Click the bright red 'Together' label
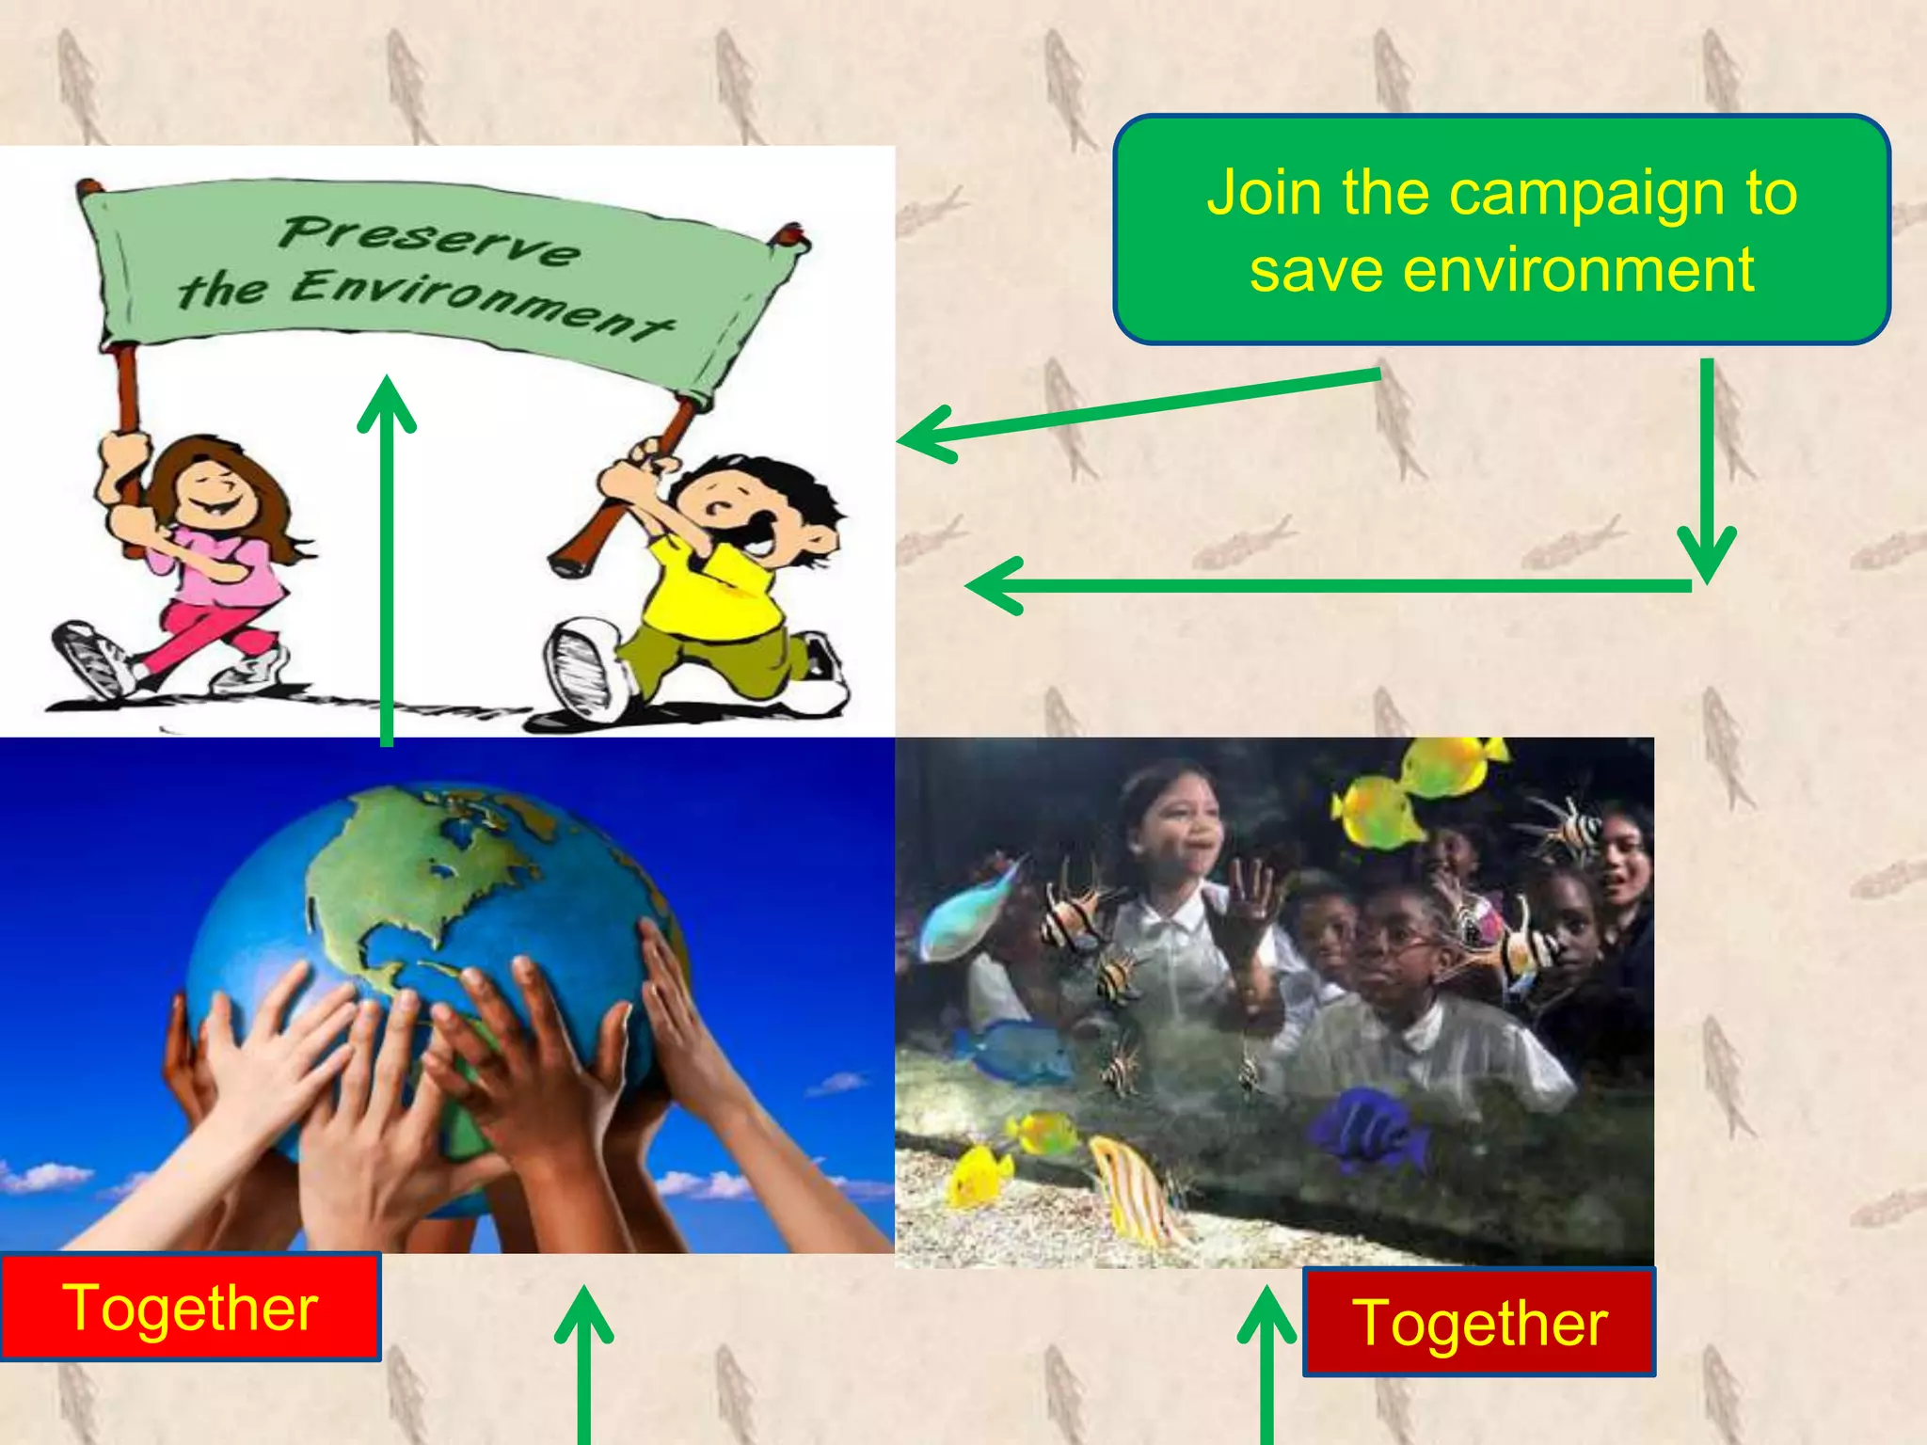tap(190, 1308)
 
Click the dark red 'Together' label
tap(1479, 1323)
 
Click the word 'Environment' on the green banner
tap(480, 299)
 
